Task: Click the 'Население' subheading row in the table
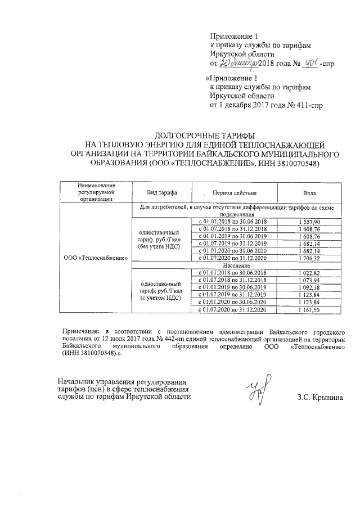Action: pyautogui.click(x=235, y=265)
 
